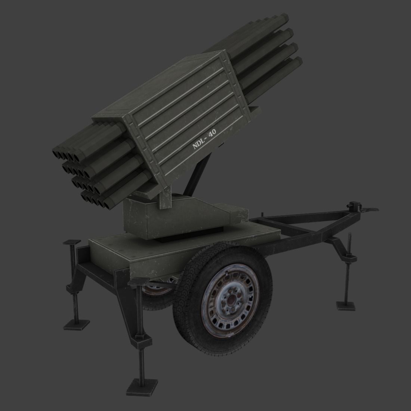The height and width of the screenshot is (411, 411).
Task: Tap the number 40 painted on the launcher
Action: (212, 134)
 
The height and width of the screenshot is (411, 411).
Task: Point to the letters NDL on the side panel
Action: (198, 144)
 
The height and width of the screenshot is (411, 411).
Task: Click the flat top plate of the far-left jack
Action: (72, 242)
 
